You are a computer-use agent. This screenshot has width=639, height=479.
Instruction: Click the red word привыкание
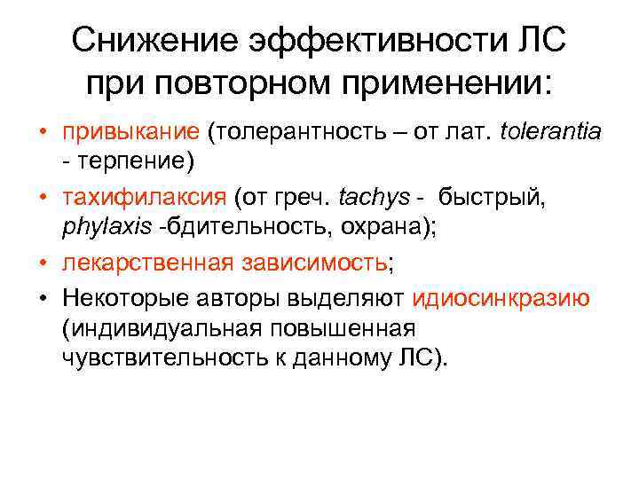130,132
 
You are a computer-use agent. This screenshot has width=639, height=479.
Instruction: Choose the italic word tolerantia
550,132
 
